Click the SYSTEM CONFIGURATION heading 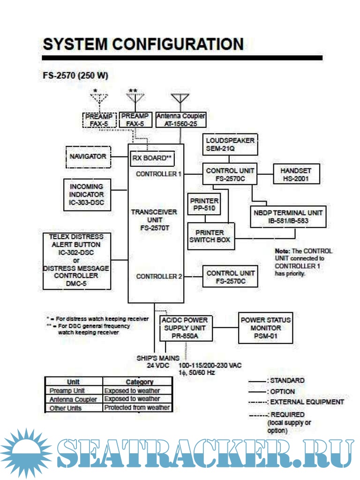click(143, 45)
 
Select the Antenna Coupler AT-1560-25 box click(180, 120)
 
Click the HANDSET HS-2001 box click(296, 175)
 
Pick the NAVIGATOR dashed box click(88, 157)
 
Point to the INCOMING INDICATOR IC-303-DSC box click(87, 195)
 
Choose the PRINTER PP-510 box click(204, 204)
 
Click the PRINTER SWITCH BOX click(210, 236)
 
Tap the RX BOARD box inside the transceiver click(151, 158)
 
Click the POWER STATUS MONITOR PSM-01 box click(266, 328)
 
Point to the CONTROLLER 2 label click(159, 277)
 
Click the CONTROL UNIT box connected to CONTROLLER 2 click(231, 277)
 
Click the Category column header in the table click(139, 382)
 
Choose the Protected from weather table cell click(137, 408)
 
